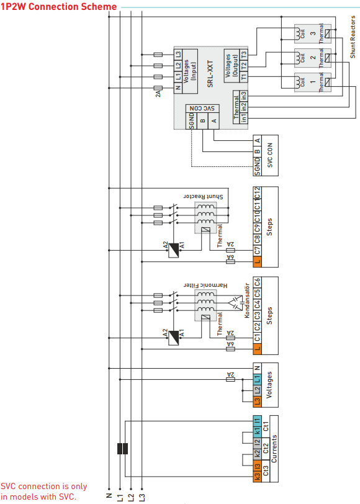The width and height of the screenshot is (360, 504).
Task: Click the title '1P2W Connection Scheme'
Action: (59, 6)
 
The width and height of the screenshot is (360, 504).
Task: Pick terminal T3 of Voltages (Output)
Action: (243, 54)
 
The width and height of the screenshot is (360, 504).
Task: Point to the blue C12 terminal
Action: (257, 192)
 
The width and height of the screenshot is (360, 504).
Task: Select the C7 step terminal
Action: (257, 251)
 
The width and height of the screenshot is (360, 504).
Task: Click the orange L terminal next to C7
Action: (257, 262)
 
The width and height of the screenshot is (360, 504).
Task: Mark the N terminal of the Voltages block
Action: (257, 369)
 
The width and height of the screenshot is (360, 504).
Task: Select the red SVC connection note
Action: (43, 492)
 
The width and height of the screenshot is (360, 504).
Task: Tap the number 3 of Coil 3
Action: (313, 32)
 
